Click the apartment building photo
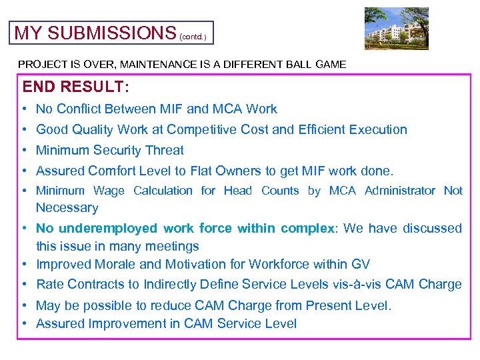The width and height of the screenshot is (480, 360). [397, 29]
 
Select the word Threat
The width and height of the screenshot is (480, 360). [164, 150]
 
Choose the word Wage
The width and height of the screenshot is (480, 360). [109, 191]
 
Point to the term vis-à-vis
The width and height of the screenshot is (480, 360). [361, 284]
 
